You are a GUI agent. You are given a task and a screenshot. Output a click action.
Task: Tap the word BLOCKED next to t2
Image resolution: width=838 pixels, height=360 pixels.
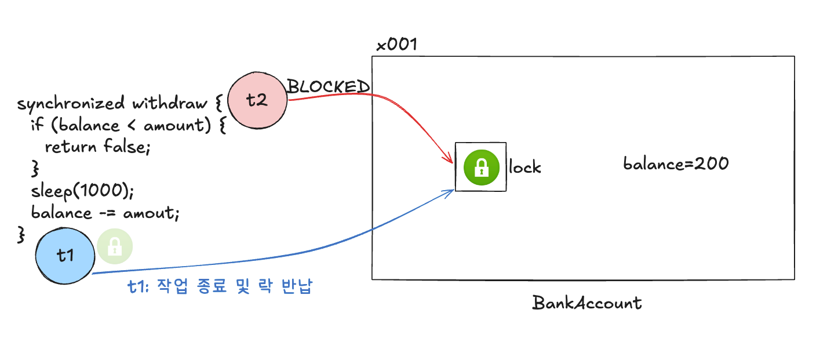coord(328,87)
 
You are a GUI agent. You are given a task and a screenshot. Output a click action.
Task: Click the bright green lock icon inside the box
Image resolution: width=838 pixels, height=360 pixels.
coord(480,167)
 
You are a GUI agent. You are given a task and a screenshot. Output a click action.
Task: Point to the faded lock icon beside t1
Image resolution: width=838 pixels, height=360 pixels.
coord(115,247)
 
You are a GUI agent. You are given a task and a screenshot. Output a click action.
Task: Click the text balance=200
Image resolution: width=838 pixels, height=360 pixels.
coord(676,164)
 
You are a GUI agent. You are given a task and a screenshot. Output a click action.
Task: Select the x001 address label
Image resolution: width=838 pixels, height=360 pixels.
coord(396,45)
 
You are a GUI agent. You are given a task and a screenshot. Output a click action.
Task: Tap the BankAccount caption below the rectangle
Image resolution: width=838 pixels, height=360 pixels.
coord(586,303)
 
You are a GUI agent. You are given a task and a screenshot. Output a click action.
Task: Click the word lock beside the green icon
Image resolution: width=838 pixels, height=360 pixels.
coord(525,168)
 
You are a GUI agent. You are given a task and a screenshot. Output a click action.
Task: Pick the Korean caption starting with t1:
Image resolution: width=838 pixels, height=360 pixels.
coord(220,287)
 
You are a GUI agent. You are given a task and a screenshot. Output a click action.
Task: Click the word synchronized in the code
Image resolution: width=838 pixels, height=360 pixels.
coord(71,104)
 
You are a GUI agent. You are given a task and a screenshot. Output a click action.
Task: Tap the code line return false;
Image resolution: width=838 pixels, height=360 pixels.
coord(97,147)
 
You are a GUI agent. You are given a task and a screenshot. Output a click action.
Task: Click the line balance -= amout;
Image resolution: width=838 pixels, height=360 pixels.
coord(105,213)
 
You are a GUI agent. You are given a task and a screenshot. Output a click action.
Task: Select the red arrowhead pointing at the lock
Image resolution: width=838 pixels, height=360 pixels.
coord(449,159)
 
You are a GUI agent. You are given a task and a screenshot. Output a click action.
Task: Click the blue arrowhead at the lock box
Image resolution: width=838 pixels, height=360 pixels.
coord(449,192)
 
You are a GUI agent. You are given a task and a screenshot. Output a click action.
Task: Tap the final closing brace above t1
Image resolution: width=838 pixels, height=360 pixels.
coord(21,234)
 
